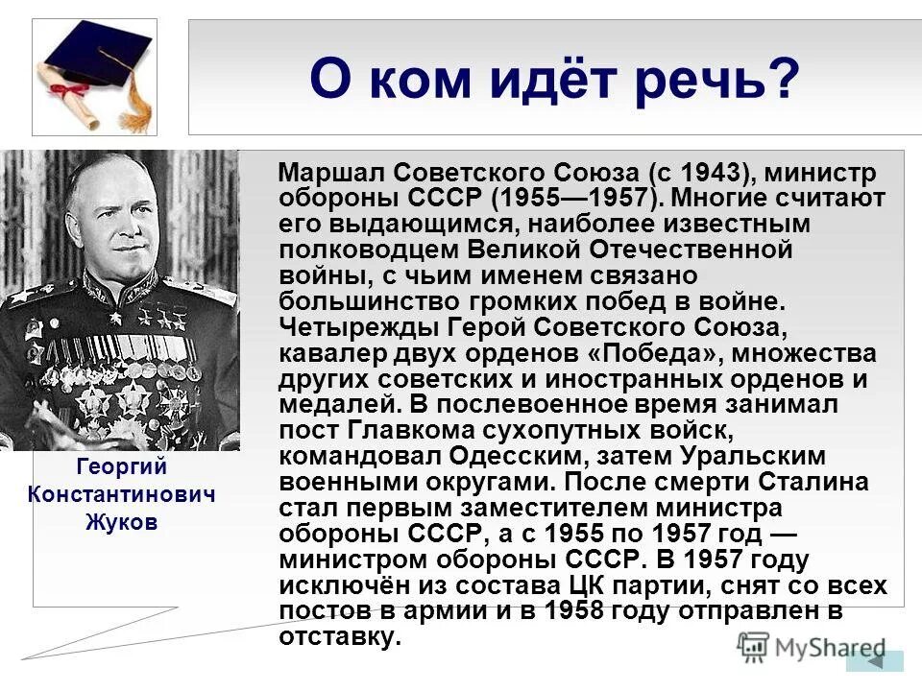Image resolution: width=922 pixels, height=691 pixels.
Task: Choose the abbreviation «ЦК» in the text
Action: [606, 584]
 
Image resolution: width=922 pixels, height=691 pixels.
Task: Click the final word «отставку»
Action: [336, 636]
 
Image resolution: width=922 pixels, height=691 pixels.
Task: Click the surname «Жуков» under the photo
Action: [121, 523]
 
